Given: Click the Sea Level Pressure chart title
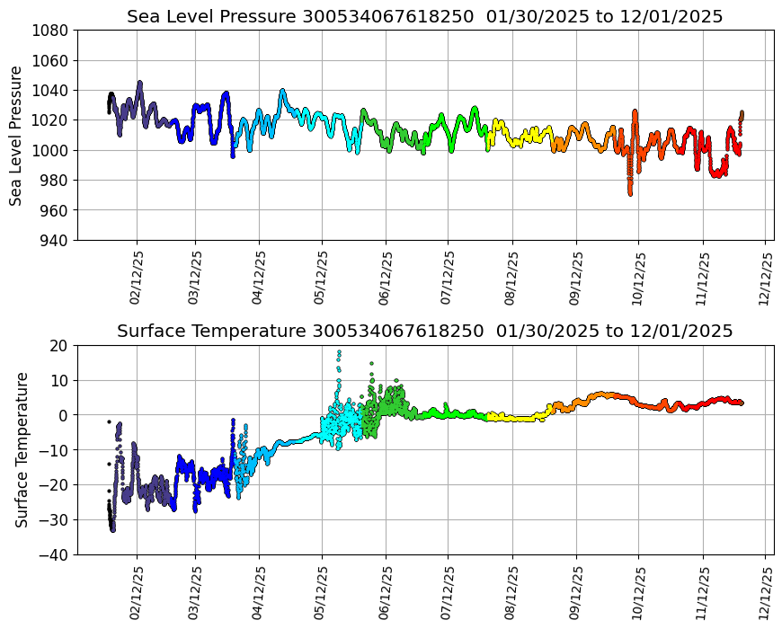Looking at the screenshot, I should (424, 17).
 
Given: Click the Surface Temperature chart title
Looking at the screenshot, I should (424, 332).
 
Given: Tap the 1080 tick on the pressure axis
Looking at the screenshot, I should (51, 31).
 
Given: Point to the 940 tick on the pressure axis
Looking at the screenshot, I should (54, 240).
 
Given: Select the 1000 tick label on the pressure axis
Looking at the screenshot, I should (51, 150).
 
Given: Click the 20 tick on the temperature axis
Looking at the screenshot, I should (58, 345).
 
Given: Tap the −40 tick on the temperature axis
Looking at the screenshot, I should (55, 555).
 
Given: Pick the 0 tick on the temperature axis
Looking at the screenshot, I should (64, 415).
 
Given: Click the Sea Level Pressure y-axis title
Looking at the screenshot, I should (17, 135).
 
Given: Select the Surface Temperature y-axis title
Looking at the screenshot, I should (22, 449).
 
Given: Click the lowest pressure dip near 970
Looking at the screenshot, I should (630, 193).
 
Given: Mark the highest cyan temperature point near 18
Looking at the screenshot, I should (339, 351).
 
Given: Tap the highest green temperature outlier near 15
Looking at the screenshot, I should (371, 364).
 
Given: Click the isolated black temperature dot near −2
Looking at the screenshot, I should (109, 421).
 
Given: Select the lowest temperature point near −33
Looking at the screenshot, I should (112, 530).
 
